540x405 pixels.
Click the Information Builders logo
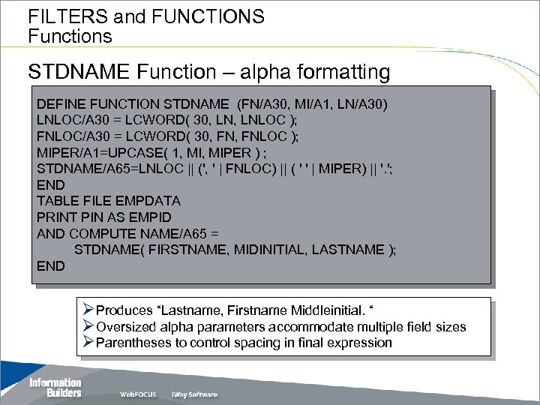coord(54,387)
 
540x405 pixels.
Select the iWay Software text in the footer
coord(194,394)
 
